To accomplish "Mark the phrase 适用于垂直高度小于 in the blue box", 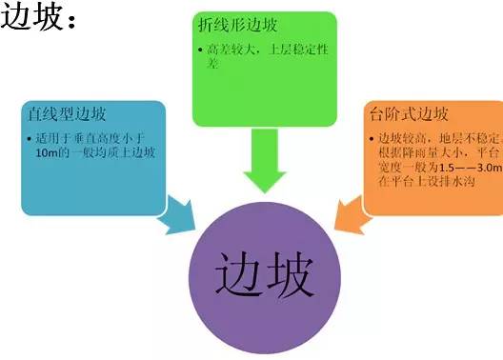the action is [92, 139].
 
